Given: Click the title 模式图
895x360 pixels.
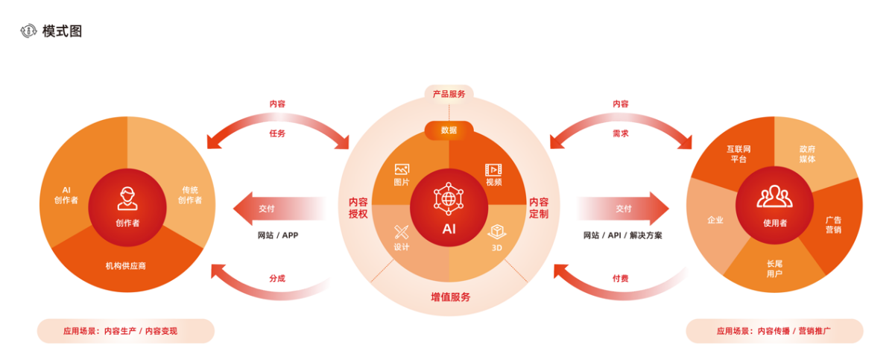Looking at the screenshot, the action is [62, 31].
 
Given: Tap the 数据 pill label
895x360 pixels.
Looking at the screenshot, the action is [449, 130].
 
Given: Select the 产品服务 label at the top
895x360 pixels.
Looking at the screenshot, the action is [449, 94].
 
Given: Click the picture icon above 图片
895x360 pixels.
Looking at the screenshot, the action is [402, 169].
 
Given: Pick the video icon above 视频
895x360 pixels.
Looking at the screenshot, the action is [493, 169].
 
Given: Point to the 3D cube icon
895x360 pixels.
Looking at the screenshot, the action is [497, 232].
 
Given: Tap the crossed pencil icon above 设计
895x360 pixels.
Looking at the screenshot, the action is [402, 232].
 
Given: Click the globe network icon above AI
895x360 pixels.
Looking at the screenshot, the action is [449, 198].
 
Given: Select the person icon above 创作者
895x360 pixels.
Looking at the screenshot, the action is [127, 198].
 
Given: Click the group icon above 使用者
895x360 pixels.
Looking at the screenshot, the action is [775, 196].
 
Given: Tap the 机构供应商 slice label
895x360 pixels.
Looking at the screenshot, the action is [125, 265].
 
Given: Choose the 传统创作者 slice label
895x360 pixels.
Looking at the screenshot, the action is [190, 195].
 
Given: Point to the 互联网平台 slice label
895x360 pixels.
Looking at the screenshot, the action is [739, 154].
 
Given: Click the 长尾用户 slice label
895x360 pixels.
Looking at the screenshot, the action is [774, 268].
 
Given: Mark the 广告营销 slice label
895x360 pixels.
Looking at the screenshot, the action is [833, 225].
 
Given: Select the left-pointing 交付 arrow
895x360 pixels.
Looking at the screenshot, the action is [279, 209].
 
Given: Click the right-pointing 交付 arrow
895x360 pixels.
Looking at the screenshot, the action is [622, 209].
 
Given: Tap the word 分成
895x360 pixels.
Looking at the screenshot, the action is [277, 279].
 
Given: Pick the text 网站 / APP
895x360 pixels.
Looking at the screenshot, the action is [278, 236].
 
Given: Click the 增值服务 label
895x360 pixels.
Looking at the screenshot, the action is [451, 297].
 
